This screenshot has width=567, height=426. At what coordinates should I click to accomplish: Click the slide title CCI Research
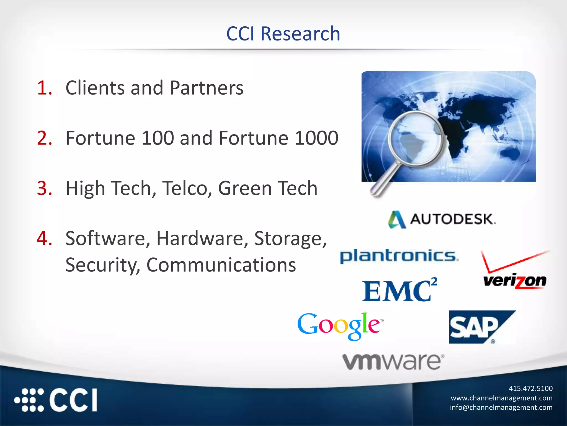[283, 34]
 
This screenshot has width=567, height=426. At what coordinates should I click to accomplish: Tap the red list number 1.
[44, 88]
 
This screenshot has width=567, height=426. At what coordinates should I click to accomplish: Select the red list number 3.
[44, 188]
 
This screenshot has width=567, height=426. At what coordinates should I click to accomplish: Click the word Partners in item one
[207, 88]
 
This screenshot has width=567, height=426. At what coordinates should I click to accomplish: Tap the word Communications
[221, 265]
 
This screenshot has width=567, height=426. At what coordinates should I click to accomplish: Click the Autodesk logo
[442, 219]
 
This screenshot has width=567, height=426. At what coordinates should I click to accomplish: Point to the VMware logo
[393, 362]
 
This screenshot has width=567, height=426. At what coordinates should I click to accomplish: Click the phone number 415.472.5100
[530, 388]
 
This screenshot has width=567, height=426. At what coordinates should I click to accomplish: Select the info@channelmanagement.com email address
[501, 407]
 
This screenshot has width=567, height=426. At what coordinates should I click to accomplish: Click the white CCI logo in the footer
[56, 400]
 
